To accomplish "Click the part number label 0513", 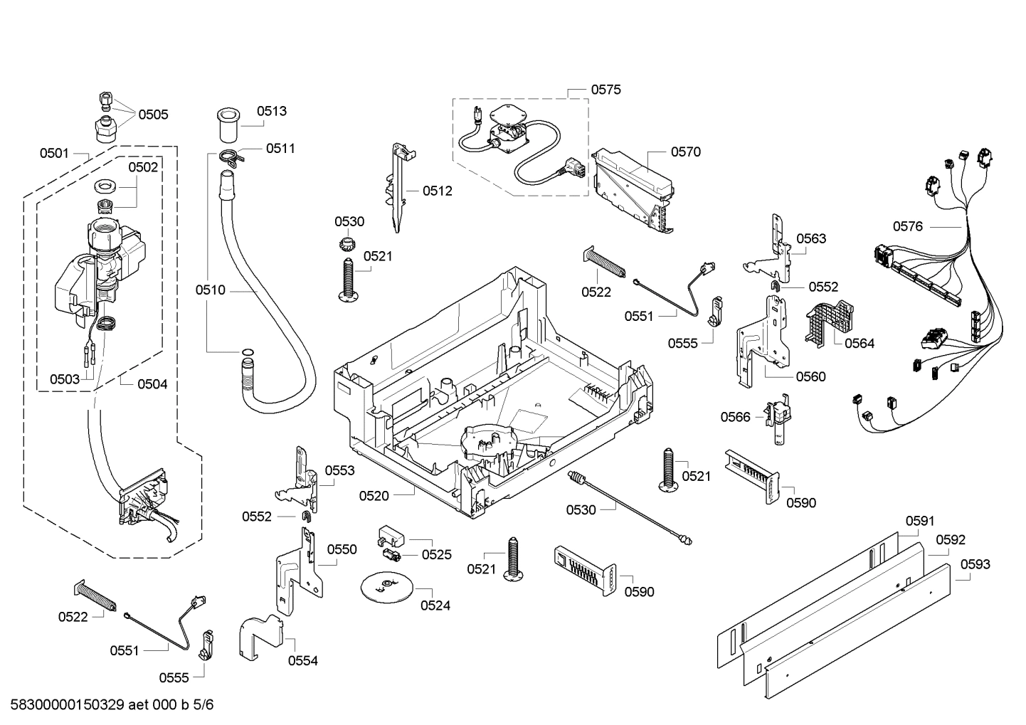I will click(272, 110).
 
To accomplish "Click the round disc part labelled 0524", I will click(386, 585).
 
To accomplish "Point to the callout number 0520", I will click(374, 495).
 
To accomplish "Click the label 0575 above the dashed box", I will click(605, 89).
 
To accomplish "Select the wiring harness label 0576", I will click(907, 226).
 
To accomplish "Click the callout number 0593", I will click(975, 564).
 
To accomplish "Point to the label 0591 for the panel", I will click(920, 521).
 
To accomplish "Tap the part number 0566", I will click(735, 416).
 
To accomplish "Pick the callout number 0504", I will click(152, 384).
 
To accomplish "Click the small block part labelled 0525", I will click(390, 535).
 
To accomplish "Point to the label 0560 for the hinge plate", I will click(811, 376).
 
